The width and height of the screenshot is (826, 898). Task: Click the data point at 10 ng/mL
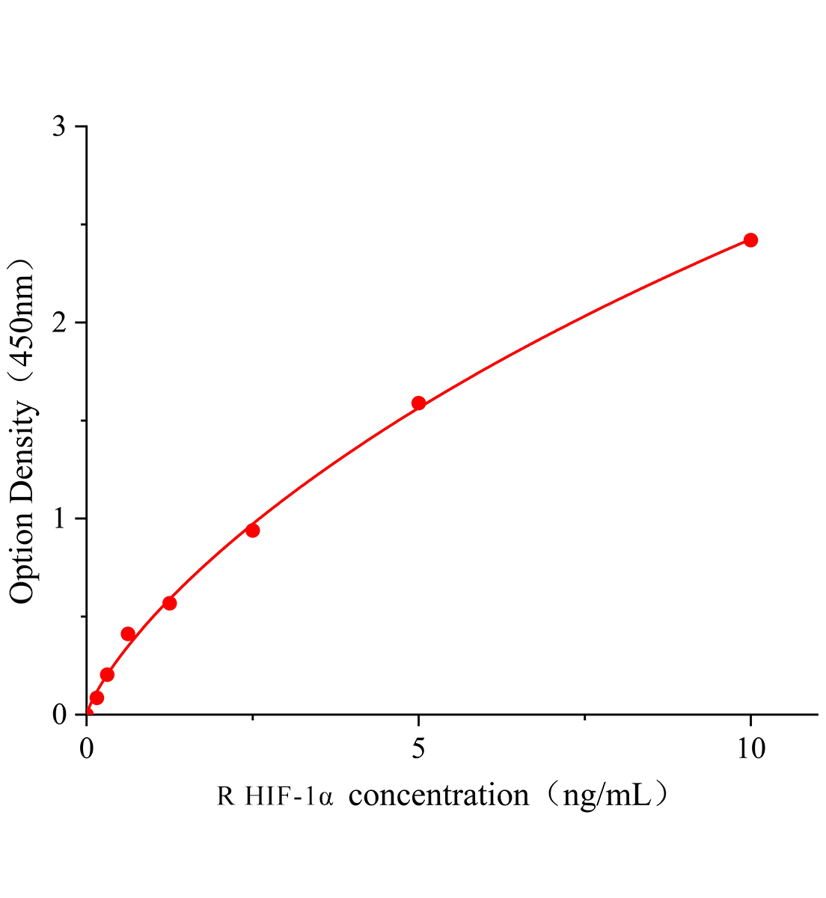[750, 240]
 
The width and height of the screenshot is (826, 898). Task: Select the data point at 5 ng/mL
[419, 403]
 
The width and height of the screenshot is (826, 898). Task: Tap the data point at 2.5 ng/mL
[253, 531]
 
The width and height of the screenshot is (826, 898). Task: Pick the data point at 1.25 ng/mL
[170, 603]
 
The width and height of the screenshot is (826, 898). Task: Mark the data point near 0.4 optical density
[128, 634]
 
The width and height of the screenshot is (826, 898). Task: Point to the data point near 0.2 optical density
[107, 674]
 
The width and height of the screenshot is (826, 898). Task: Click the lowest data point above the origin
[97, 697]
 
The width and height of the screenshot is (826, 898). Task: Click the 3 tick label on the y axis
[59, 126]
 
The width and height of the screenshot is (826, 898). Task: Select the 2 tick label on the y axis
[59, 323]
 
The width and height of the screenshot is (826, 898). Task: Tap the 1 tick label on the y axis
[59, 519]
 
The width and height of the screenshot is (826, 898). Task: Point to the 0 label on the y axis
[59, 715]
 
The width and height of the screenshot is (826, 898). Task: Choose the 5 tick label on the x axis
[419, 748]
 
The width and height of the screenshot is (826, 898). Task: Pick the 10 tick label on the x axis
[750, 748]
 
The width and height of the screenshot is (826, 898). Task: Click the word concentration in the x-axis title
[439, 795]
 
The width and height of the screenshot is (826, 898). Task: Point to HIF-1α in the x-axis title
[287, 795]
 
